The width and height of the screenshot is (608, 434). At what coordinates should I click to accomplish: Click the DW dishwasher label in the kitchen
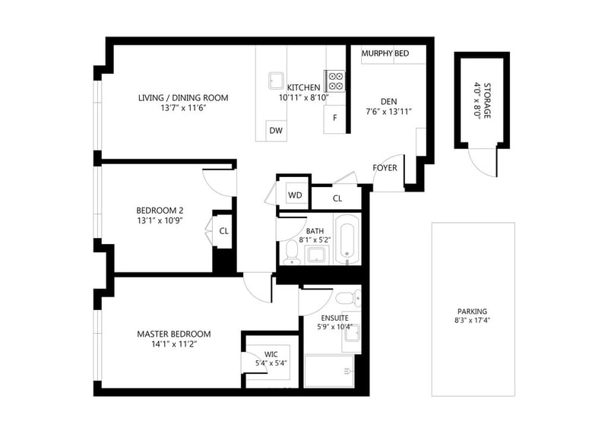pyautogui.click(x=276, y=131)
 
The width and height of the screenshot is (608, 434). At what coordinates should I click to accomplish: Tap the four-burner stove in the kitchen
pyautogui.click(x=334, y=81)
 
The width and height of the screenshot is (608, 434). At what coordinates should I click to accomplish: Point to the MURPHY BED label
pyautogui.click(x=385, y=53)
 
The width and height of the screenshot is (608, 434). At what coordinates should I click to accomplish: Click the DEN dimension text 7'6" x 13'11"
pyautogui.click(x=388, y=112)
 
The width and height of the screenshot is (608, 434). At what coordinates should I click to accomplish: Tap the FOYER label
pyautogui.click(x=385, y=168)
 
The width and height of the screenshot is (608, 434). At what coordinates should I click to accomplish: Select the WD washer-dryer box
pyautogui.click(x=295, y=195)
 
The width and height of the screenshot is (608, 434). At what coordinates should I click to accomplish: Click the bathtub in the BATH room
pyautogui.click(x=347, y=239)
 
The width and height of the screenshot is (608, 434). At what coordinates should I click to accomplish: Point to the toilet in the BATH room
pyautogui.click(x=290, y=252)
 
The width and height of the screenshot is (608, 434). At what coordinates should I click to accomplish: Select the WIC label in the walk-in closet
pyautogui.click(x=271, y=354)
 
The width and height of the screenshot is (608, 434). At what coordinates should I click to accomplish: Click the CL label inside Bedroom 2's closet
pyautogui.click(x=223, y=231)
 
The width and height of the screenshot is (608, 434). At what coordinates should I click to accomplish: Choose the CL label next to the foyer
pyautogui.click(x=337, y=198)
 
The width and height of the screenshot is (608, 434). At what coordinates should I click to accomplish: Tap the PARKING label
pyautogui.click(x=472, y=311)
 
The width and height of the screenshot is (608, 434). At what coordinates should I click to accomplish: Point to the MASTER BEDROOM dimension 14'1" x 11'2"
pyautogui.click(x=174, y=344)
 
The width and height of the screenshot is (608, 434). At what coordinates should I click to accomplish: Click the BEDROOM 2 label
pyautogui.click(x=160, y=211)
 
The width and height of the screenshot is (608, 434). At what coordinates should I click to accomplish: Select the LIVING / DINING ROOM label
pyautogui.click(x=183, y=98)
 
